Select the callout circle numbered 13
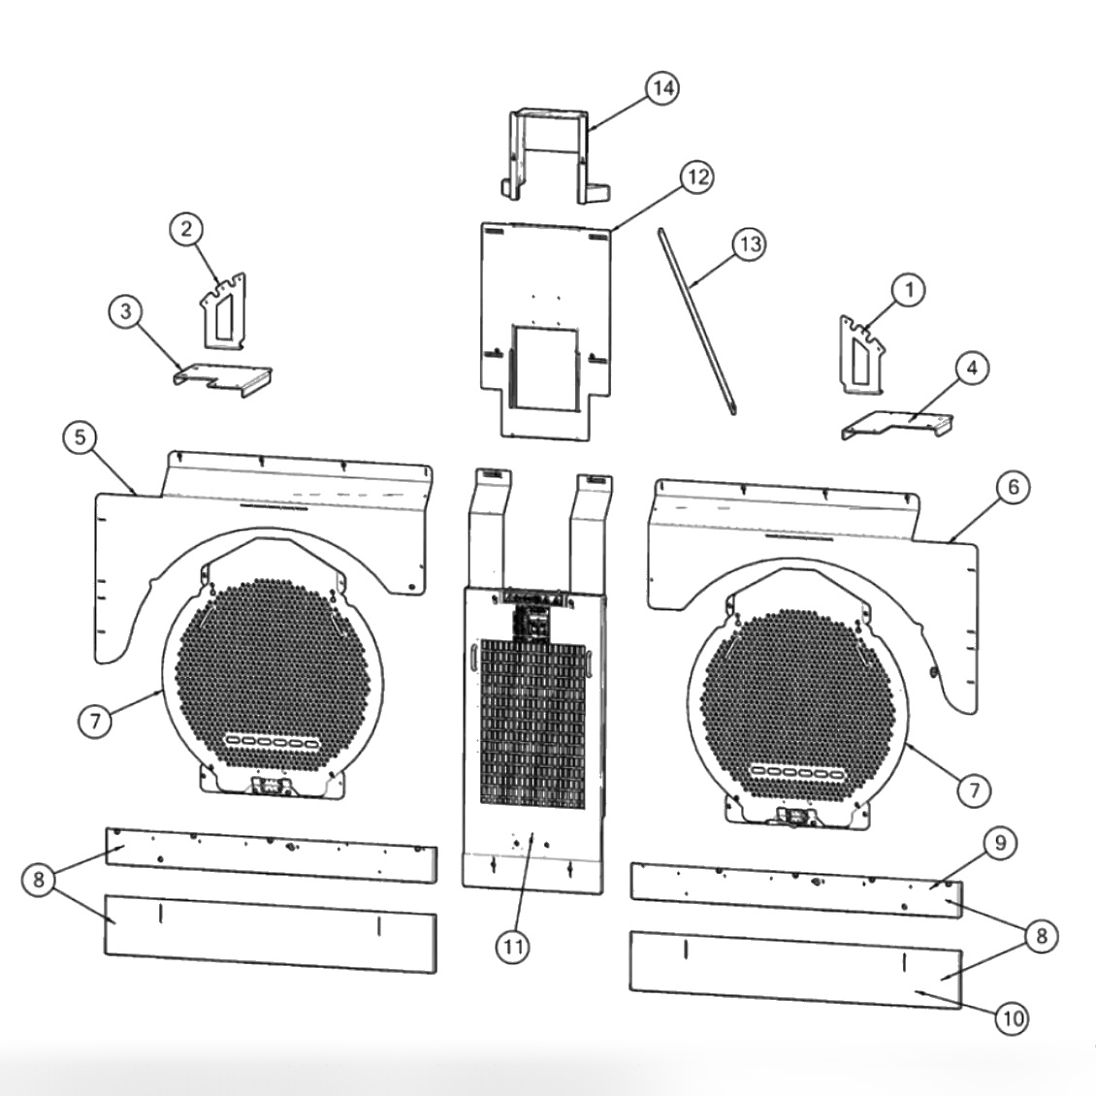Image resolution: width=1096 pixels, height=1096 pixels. tap(748, 244)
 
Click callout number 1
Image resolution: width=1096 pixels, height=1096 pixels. tap(908, 289)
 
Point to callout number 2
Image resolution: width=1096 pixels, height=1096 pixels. tap(186, 229)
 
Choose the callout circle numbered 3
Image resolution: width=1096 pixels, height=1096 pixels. tap(125, 312)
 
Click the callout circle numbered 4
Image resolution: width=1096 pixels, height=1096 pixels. tap(972, 369)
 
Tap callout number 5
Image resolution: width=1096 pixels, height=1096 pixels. tap(81, 437)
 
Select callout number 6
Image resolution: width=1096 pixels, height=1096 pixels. tap(1014, 487)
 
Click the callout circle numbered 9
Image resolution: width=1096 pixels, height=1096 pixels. tap(1001, 844)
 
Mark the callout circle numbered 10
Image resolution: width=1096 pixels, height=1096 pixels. tap(1012, 1018)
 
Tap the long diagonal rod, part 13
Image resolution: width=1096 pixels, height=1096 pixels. tap(696, 321)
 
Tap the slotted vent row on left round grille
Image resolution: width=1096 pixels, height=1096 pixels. tap(272, 742)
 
